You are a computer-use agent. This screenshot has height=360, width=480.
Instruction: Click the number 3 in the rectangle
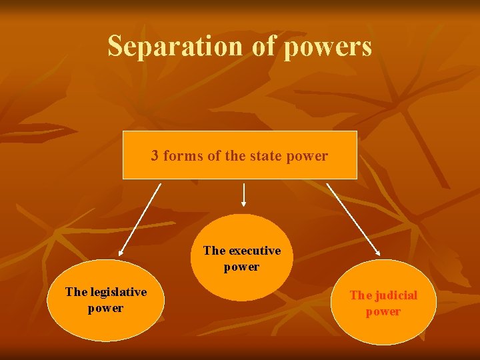(155, 156)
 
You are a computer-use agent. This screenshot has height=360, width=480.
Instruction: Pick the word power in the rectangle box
(307, 157)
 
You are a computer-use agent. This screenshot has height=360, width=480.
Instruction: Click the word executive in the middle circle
(254, 251)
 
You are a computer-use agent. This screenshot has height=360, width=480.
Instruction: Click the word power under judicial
(383, 312)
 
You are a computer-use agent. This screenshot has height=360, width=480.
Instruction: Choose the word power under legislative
(105, 309)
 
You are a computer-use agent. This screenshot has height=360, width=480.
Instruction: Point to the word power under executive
(241, 267)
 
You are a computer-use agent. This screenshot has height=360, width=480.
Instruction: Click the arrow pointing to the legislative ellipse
(140, 220)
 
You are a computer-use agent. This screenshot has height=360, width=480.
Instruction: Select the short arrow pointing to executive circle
(245, 195)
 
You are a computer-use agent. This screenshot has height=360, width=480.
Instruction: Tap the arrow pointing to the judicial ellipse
(353, 220)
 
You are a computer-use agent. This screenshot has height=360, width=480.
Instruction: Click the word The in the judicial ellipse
(359, 295)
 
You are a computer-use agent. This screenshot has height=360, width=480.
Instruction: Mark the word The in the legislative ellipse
(75, 293)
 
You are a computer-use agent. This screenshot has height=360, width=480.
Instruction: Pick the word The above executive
(214, 251)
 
